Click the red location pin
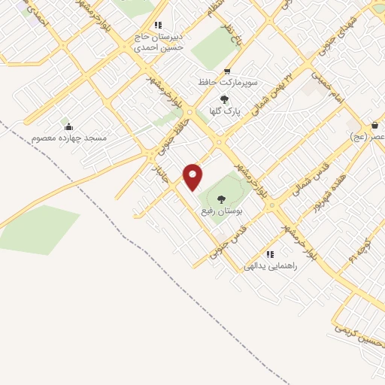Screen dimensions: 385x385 coord(193,177)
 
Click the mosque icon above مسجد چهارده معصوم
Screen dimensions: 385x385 coord(68,126)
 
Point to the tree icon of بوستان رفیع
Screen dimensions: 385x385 coord(220,199)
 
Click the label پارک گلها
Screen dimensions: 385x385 coord(244,110)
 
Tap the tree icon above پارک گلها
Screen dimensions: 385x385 coord(223,98)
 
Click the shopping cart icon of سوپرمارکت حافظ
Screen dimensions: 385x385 coord(226,70)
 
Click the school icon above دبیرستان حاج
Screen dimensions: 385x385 coord(157,25)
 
